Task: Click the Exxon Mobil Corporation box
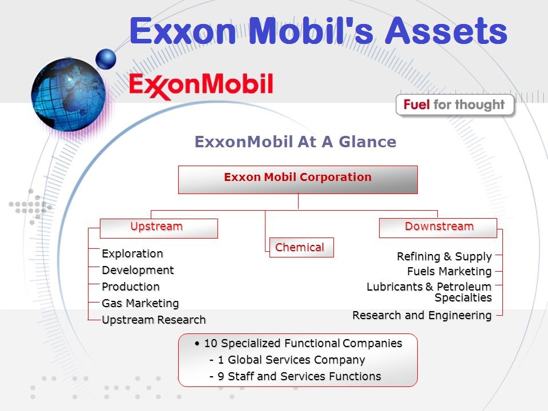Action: pyautogui.click(x=298, y=180)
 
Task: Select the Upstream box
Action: pyautogui.click(x=159, y=228)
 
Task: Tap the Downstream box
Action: pyautogui.click(x=438, y=228)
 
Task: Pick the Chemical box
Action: pyautogui.click(x=301, y=247)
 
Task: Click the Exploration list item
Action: pyautogui.click(x=132, y=253)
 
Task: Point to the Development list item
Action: pyautogui.click(x=138, y=270)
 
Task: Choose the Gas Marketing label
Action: pyautogui.click(x=140, y=303)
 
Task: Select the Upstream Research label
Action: pyautogui.click(x=154, y=320)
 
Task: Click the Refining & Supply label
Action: pyautogui.click(x=444, y=256)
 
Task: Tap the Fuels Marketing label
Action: pyautogui.click(x=449, y=271)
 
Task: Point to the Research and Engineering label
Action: pyautogui.click(x=422, y=315)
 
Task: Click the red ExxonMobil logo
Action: pyautogui.click(x=201, y=86)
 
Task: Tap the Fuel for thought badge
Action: pyautogui.click(x=455, y=105)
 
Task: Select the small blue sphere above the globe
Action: pyautogui.click(x=106, y=59)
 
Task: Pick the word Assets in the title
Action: pyautogui.click(x=446, y=31)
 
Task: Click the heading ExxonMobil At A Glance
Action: pyautogui.click(x=295, y=142)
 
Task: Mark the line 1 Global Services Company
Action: pyautogui.click(x=291, y=360)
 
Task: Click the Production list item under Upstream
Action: pyautogui.click(x=131, y=287)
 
